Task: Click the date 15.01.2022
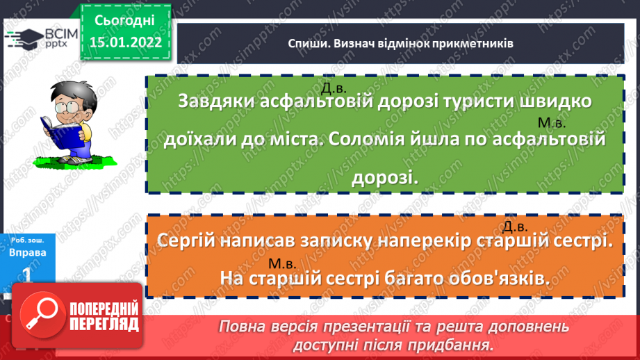(126, 41)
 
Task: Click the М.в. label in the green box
(553, 123)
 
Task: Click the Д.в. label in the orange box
(516, 227)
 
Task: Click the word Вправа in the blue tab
(28, 252)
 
